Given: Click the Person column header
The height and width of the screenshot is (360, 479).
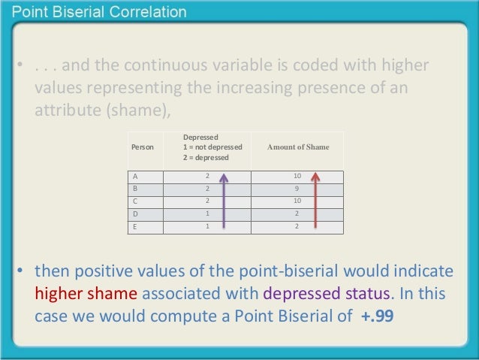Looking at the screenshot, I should pos(143,147).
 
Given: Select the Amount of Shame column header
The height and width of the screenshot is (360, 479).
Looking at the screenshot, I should pos(298,147).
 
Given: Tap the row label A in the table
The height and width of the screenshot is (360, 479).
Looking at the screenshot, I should pos(135,177).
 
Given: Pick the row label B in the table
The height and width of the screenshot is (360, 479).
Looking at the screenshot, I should pos(135,189).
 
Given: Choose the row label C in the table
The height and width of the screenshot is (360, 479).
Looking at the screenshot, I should pos(135,201).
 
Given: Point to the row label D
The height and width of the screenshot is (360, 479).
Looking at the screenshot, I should pos(135,213).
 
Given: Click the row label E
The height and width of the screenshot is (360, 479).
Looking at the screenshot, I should pos(135,225).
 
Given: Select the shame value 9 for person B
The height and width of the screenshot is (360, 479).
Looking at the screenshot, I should pos(298,189).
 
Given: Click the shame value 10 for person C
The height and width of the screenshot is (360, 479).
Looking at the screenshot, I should pos(298,201).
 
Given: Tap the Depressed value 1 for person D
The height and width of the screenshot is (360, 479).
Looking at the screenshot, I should pos(208,213).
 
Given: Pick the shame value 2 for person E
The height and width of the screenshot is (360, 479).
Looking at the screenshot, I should pos(298,225).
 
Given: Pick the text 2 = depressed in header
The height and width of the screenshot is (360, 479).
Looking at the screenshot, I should pos(206,158).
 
